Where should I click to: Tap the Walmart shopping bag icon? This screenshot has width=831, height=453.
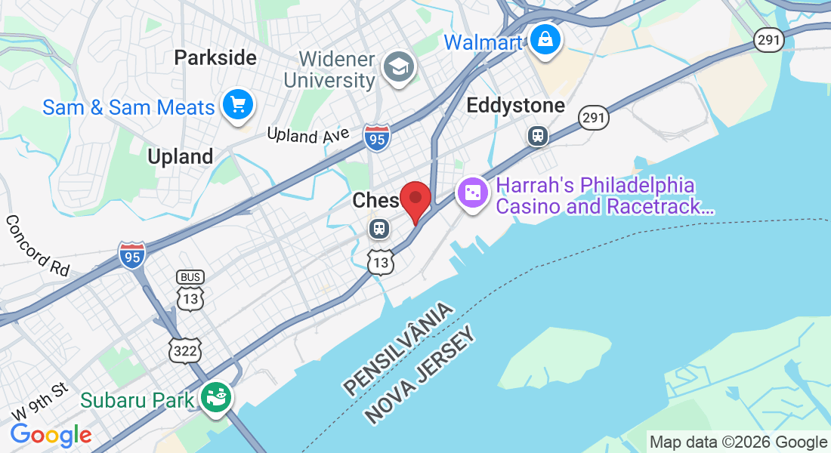544,38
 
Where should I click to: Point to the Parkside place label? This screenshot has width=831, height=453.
215,57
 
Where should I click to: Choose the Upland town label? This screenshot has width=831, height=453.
180,156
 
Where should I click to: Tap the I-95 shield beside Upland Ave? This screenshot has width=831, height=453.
376,137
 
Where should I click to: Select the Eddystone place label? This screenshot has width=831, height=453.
515,105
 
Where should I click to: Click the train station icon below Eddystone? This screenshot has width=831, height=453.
537,135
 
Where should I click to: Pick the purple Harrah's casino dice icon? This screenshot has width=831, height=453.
473,193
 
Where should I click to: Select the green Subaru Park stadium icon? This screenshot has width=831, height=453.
217,397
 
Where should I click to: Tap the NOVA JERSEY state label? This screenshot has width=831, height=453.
422,376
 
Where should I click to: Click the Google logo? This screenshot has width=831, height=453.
51,434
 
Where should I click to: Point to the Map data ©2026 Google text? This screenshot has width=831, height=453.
738,442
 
